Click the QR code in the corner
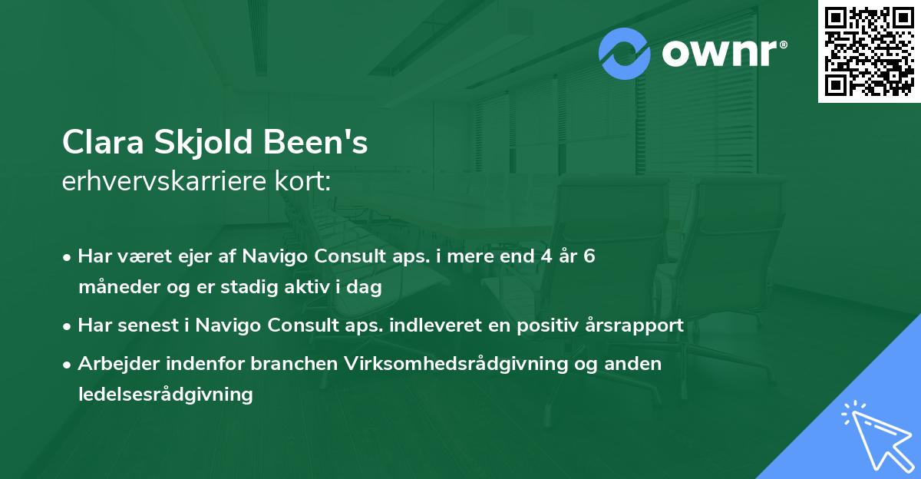click(x=869, y=51)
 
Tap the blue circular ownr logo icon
click(x=624, y=54)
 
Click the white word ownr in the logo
click(x=719, y=53)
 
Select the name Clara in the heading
click(x=103, y=142)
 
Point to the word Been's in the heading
click(x=315, y=142)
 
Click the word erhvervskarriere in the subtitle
click(x=164, y=181)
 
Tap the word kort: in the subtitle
click(x=302, y=181)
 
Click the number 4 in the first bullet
click(x=546, y=256)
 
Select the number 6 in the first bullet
click(x=589, y=256)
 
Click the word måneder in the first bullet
click(x=119, y=286)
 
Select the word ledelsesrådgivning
click(x=166, y=395)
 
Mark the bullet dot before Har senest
click(x=67, y=327)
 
